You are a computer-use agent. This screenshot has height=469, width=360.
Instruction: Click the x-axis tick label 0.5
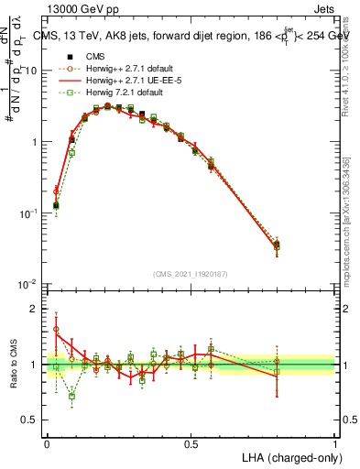(x=191, y=442)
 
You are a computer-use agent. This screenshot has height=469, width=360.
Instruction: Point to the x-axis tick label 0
(x=47, y=442)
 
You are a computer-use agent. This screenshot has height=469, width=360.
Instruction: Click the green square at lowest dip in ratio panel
(x=71, y=396)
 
